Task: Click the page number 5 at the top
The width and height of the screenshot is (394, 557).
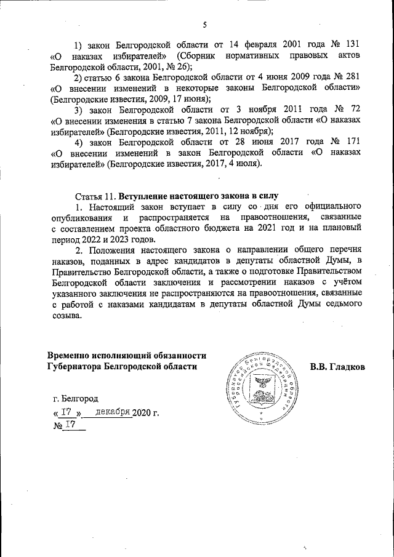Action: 204,25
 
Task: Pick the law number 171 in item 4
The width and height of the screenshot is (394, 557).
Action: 352,143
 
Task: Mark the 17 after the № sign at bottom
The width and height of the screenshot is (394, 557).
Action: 70,425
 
